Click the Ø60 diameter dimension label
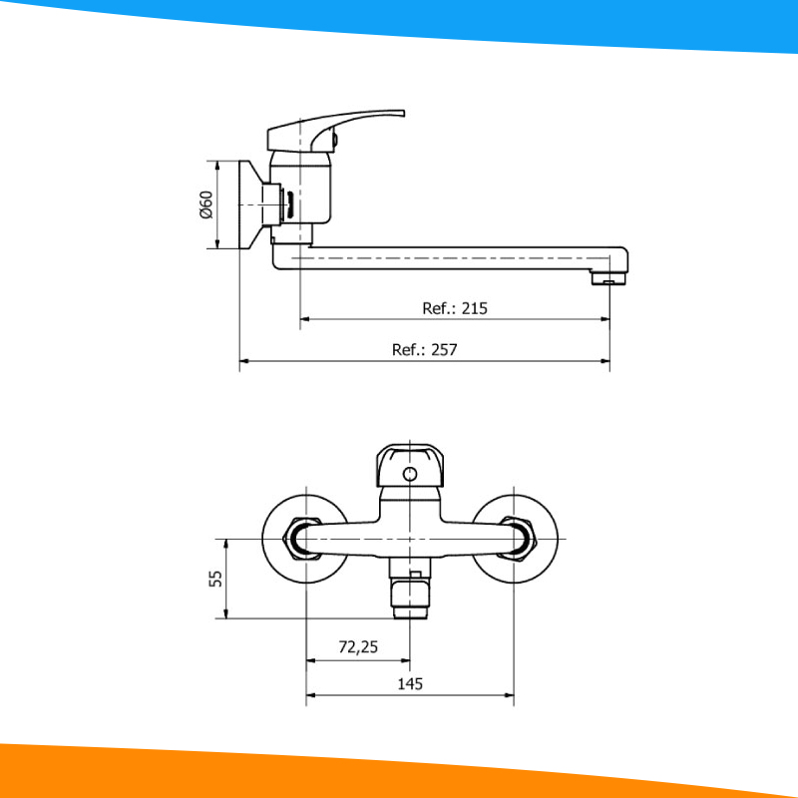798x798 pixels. [x=206, y=204]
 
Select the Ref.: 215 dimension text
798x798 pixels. [x=455, y=308]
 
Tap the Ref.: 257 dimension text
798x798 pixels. [x=424, y=350]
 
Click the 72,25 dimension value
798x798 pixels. [x=358, y=647]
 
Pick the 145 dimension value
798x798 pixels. [x=410, y=683]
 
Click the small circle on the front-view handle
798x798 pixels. [x=409, y=474]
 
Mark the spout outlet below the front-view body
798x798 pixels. [x=410, y=597]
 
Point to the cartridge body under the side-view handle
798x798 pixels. [x=299, y=195]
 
